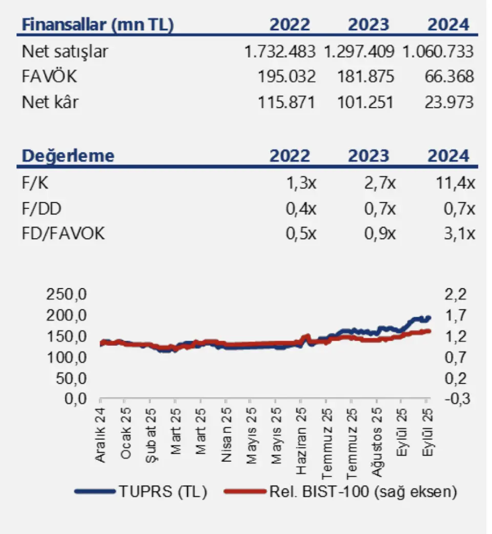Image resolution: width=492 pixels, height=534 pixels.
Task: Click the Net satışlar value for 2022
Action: tap(280, 51)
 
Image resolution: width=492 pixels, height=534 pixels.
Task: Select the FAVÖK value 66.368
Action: tap(449, 77)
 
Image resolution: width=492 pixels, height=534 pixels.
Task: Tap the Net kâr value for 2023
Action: tap(365, 102)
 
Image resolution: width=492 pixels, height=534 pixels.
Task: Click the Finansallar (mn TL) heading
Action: tap(97, 25)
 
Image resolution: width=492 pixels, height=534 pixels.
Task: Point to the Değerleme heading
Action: tap(68, 156)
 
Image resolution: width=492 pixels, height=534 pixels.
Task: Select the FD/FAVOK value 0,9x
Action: tap(380, 234)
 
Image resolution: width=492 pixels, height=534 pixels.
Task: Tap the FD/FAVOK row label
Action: tap(64, 234)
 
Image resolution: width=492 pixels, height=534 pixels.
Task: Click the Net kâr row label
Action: tap(50, 102)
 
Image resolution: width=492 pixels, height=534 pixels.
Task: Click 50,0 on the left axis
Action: tap(66, 379)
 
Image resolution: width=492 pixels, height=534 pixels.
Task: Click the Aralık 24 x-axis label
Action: tap(101, 436)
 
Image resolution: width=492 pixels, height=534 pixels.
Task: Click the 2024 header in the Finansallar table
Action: tap(449, 25)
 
